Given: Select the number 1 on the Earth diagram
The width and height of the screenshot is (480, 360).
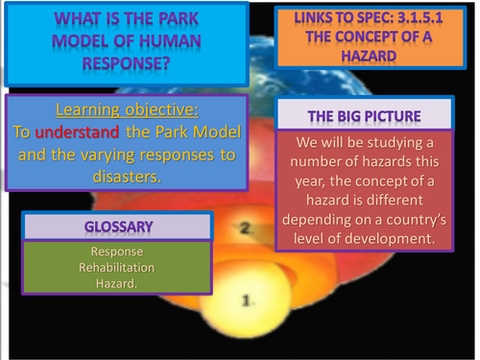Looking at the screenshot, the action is coord(247,301).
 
